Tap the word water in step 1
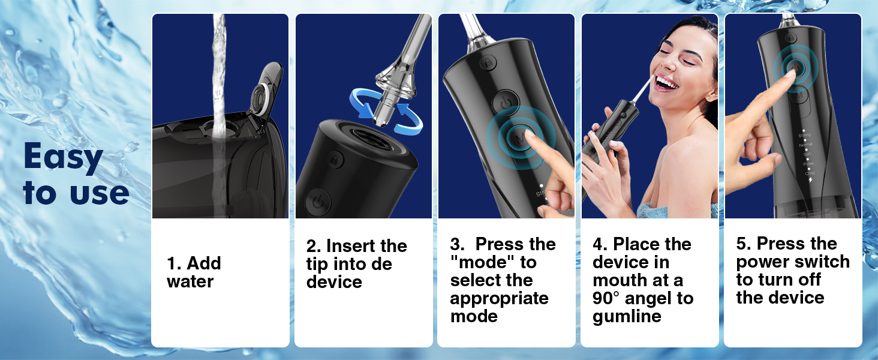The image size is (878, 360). click(x=190, y=281)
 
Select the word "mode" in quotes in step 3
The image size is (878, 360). click(x=478, y=262)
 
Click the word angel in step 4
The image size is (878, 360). click(x=653, y=298)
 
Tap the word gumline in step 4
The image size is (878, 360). click(x=627, y=316)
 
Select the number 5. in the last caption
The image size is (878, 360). click(x=744, y=244)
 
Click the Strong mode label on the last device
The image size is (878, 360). click(x=804, y=135)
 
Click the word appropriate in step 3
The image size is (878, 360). click(x=499, y=298)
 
